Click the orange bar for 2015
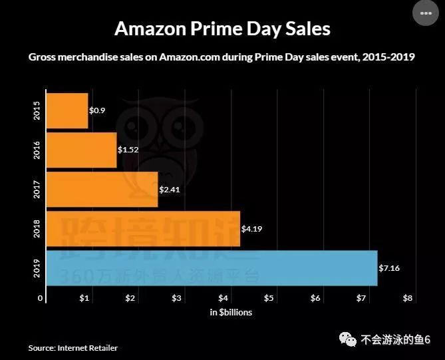point(67,110)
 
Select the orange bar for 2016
point(81,150)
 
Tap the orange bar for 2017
point(102,190)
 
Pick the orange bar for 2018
point(143,229)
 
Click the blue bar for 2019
point(212,268)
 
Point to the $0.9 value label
point(98,110)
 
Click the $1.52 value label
point(128,150)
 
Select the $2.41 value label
point(169,190)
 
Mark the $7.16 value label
point(389,268)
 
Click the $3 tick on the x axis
point(177,297)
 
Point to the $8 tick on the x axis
point(408,297)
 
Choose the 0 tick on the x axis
point(40,297)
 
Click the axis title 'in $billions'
point(231,312)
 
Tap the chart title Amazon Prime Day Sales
point(222,29)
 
